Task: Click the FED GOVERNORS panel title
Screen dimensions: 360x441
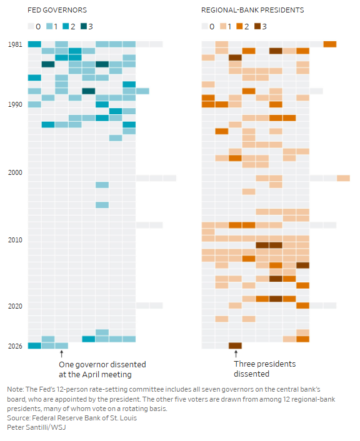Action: point(57,10)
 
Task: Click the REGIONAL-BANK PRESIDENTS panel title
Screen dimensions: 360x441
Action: point(252,10)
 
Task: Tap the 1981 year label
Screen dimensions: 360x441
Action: point(15,44)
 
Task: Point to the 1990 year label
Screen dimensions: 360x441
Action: point(15,104)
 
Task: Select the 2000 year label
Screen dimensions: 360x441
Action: point(15,172)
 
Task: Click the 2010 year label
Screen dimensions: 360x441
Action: point(15,240)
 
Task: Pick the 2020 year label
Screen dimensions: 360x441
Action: point(15,306)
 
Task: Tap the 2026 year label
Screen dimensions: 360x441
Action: point(15,346)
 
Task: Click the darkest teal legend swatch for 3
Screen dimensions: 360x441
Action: point(84,26)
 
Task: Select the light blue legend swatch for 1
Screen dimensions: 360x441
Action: point(49,26)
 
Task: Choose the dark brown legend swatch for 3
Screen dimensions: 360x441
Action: point(257,26)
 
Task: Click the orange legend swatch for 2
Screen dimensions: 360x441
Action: point(239,26)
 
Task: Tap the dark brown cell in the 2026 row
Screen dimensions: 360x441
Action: point(235,345)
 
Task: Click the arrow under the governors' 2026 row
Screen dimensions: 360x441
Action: point(62,354)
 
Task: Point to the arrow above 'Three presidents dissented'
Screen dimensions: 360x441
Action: point(236,354)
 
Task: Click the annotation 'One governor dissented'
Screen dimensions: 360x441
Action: point(102,365)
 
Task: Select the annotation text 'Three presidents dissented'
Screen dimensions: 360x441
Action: point(264,369)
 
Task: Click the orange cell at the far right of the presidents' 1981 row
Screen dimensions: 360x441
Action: point(330,44)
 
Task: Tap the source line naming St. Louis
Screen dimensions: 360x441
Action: point(72,418)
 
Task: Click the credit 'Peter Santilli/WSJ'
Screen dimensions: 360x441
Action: point(36,427)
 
